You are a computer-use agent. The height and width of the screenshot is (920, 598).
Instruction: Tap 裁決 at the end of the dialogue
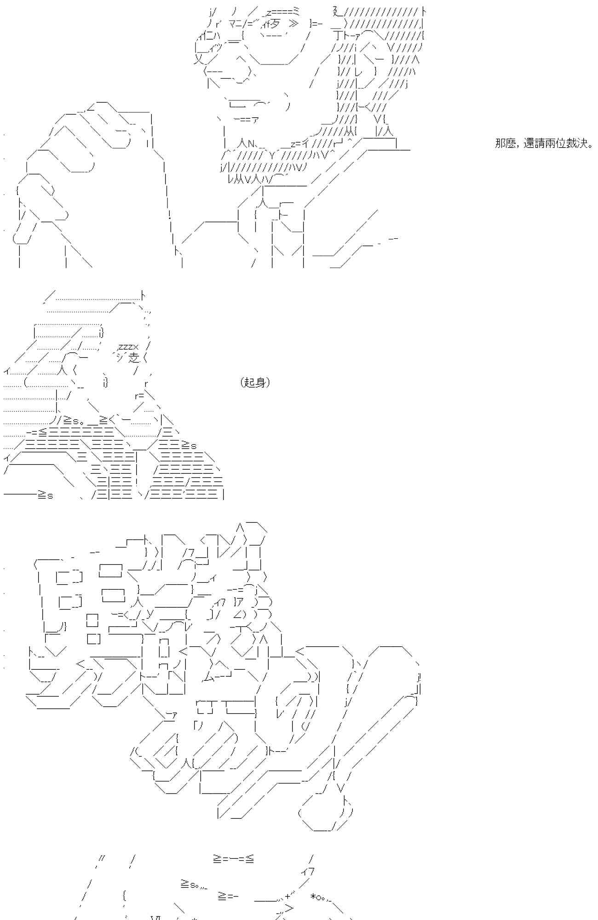click(576, 144)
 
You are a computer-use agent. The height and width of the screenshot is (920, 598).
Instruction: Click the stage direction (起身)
click(255, 382)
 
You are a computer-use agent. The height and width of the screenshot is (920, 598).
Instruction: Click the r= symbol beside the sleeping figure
click(139, 396)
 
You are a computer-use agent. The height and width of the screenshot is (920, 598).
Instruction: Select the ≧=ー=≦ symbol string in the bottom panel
click(233, 859)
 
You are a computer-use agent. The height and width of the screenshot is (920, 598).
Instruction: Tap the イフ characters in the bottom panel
click(308, 872)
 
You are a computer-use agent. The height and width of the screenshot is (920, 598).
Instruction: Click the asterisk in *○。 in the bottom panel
click(313, 896)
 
